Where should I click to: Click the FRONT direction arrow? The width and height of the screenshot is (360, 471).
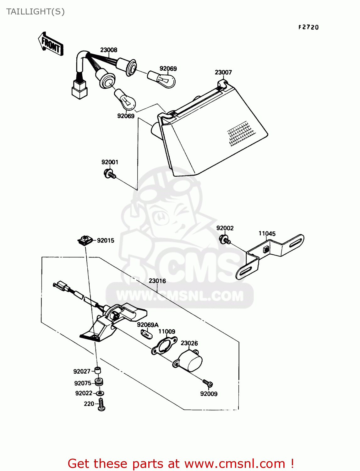point(51,44)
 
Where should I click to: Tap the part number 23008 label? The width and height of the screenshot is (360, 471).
point(109,50)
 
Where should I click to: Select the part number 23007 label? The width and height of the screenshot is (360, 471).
point(223,72)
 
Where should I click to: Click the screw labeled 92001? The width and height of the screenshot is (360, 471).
point(110,174)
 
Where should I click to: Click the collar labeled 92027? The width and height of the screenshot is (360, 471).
point(98,371)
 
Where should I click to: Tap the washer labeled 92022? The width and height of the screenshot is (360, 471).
point(100,393)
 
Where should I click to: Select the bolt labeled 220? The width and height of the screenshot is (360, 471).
point(101,404)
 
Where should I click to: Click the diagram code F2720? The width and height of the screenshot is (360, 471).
point(308,27)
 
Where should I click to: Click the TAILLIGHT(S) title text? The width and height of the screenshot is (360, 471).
point(35,12)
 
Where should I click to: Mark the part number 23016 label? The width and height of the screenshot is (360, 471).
point(157,281)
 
